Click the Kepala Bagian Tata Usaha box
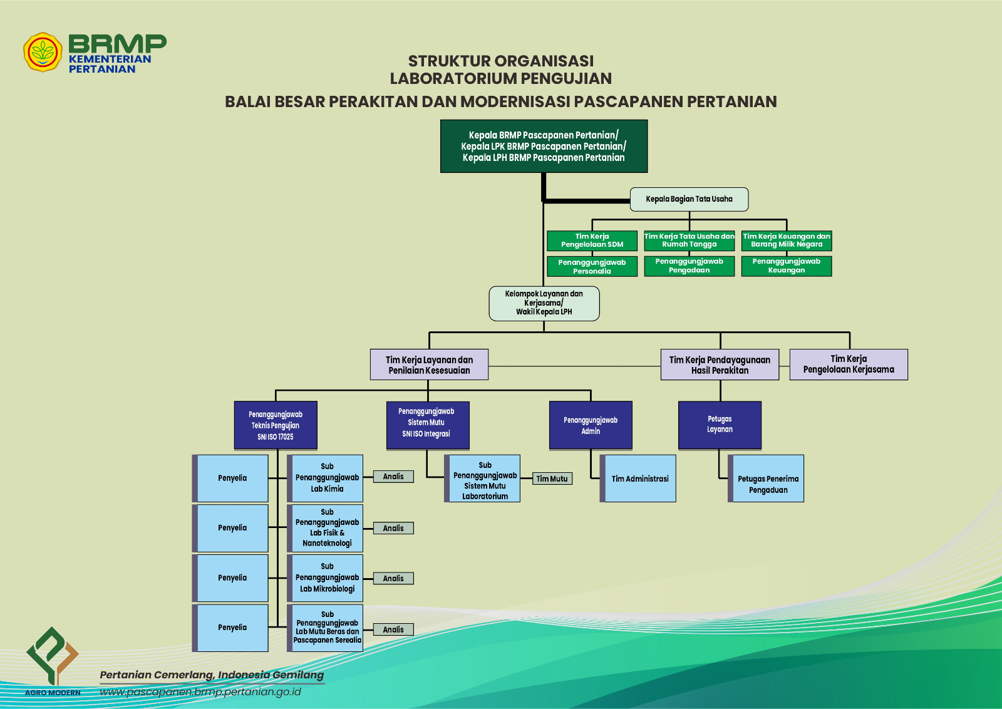(689, 199)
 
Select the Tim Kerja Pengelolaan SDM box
(592, 241)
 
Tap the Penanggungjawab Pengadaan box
(689, 266)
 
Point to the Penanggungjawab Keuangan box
(787, 266)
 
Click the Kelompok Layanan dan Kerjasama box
(544, 303)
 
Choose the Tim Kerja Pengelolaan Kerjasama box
(849, 364)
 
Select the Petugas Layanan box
(720, 425)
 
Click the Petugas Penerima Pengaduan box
(767, 479)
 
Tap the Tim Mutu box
(552, 479)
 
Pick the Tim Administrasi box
(639, 479)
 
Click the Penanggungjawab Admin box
(591, 425)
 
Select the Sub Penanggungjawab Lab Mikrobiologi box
(326, 577)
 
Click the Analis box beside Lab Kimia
(393, 477)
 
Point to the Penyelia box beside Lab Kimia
(232, 478)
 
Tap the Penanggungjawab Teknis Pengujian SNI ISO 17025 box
(276, 425)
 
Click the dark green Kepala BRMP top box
(544, 146)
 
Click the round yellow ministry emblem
(43, 52)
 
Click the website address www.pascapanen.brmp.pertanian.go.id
(200, 692)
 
